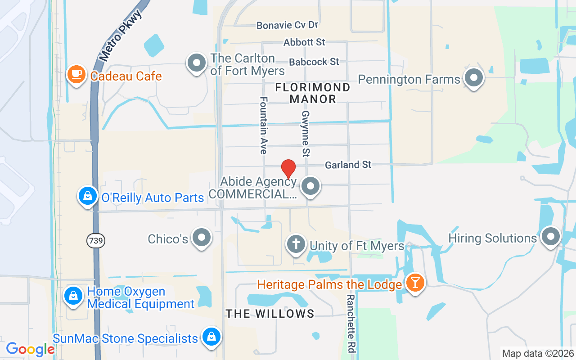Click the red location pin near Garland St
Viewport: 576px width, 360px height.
click(x=288, y=169)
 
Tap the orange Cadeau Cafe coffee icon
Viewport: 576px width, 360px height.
click(x=76, y=74)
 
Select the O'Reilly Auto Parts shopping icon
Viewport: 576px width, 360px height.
click(x=88, y=196)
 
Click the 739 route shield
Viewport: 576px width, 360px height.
click(x=96, y=241)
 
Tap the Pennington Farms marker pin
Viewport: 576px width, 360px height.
click(x=473, y=78)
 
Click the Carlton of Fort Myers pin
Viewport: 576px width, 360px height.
click(x=196, y=63)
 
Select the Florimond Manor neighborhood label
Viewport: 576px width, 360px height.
click(x=313, y=93)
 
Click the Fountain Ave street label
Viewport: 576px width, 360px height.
click(x=264, y=125)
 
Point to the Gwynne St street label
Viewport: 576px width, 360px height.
click(x=306, y=134)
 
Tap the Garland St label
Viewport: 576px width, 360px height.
click(x=348, y=165)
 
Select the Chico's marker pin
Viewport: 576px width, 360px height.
click(x=201, y=237)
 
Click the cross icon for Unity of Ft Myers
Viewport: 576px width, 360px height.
click(x=296, y=244)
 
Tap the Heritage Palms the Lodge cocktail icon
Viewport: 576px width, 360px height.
click(x=414, y=283)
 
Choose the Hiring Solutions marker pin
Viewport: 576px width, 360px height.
click(x=550, y=236)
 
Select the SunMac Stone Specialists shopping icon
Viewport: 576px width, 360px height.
click(x=210, y=337)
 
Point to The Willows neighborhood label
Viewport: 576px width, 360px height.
click(x=270, y=314)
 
